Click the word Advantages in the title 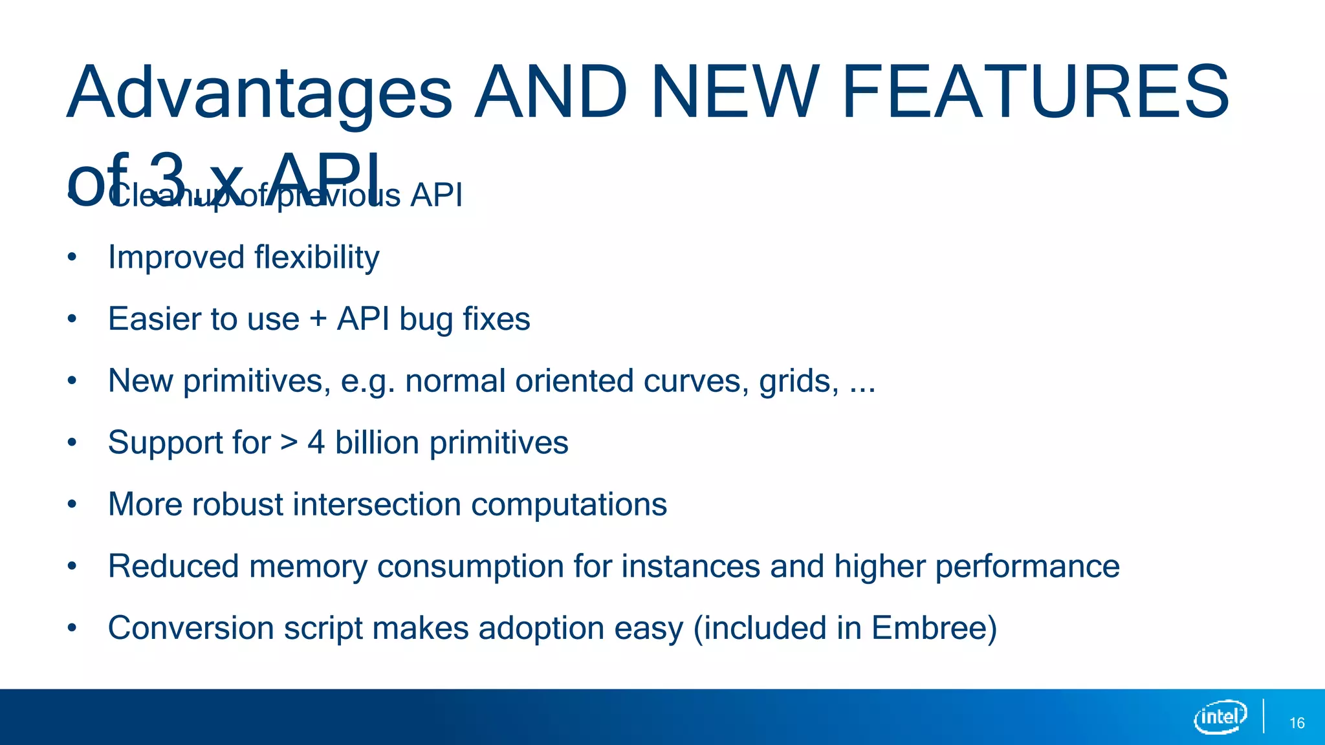coord(259,94)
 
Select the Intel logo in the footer coord(1220,717)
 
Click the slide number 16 coord(1297,723)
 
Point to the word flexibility coord(316,257)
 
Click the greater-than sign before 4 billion coord(289,443)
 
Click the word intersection coord(377,504)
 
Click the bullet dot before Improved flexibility coord(72,258)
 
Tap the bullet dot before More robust coord(72,505)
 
